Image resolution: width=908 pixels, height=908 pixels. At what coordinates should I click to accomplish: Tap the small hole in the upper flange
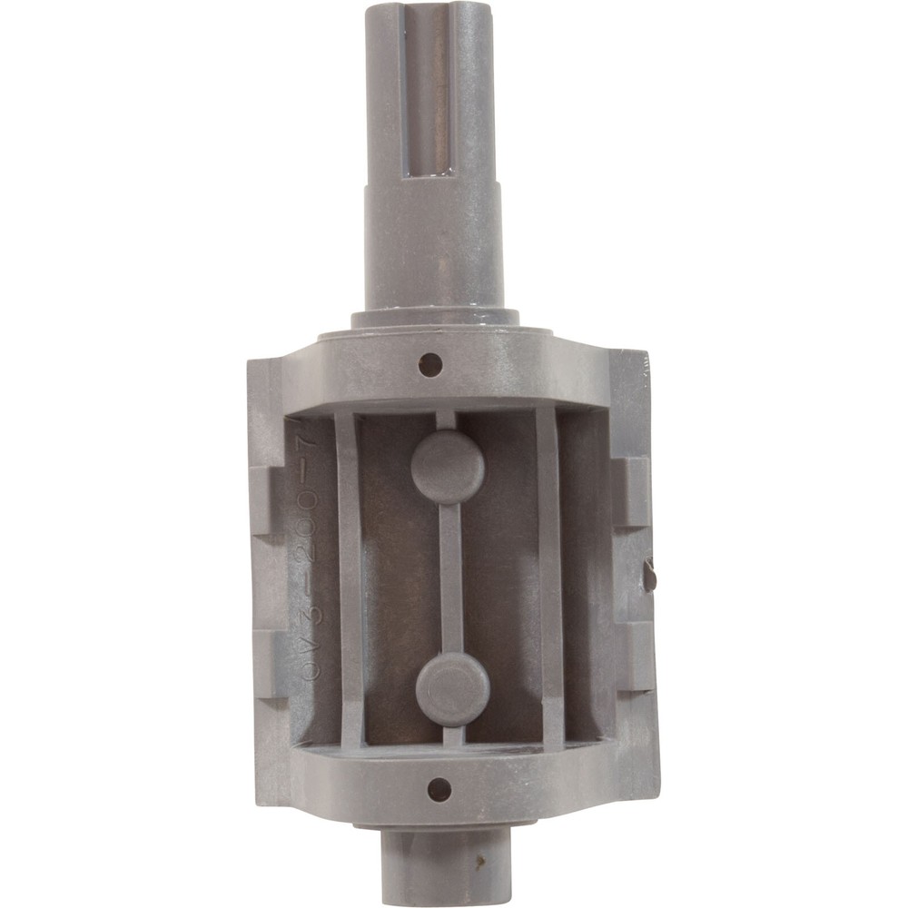click(x=430, y=365)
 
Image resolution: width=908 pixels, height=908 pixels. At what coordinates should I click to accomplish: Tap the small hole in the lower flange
click(x=439, y=788)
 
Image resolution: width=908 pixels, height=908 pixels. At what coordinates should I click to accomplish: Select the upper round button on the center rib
click(x=448, y=467)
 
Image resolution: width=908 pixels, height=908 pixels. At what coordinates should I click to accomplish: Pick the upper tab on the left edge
click(x=263, y=499)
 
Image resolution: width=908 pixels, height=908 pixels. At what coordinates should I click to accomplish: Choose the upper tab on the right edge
click(x=633, y=491)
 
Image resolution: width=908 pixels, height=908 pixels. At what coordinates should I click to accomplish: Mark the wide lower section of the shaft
click(x=433, y=245)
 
